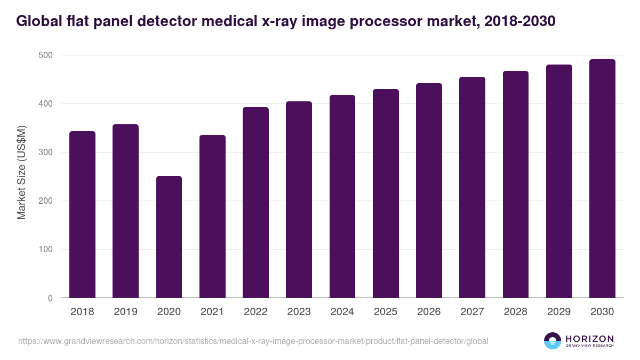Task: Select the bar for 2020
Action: click(x=169, y=237)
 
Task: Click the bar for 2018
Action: click(x=82, y=214)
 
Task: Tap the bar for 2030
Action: click(x=602, y=179)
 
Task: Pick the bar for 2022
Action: click(x=255, y=203)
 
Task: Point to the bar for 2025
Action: click(x=386, y=194)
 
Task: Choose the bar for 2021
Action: click(x=212, y=217)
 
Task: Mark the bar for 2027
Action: click(x=472, y=187)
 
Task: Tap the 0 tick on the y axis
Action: click(x=50, y=298)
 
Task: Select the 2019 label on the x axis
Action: click(x=125, y=312)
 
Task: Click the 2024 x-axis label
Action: click(x=342, y=312)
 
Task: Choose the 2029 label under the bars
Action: click(x=559, y=312)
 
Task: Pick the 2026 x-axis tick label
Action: click(x=429, y=312)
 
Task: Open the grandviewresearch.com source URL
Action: click(x=253, y=341)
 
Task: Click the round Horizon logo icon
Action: click(x=552, y=341)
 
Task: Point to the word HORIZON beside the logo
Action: click(x=589, y=338)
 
